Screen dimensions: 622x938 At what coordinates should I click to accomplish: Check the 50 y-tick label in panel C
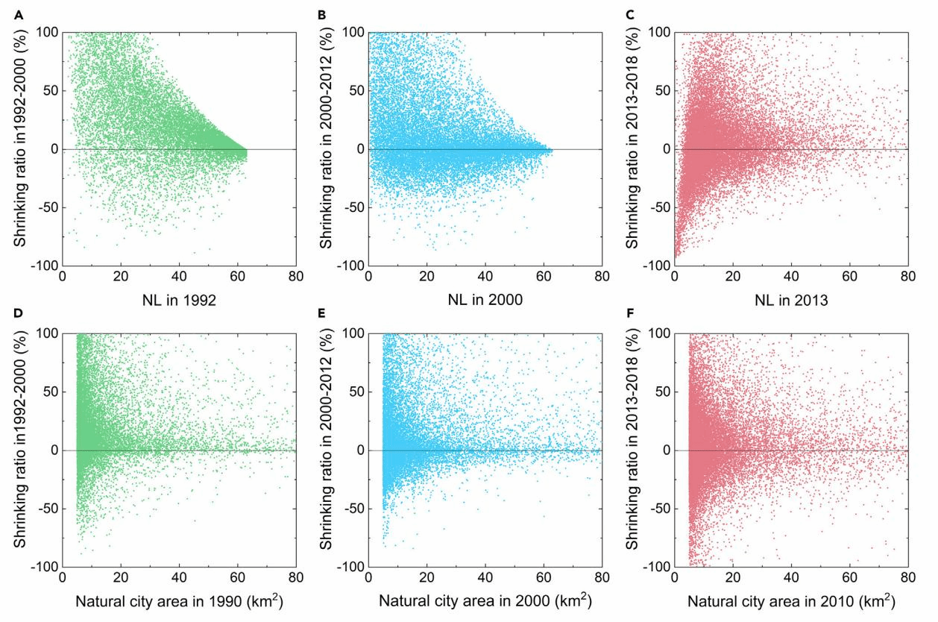point(659,90)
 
